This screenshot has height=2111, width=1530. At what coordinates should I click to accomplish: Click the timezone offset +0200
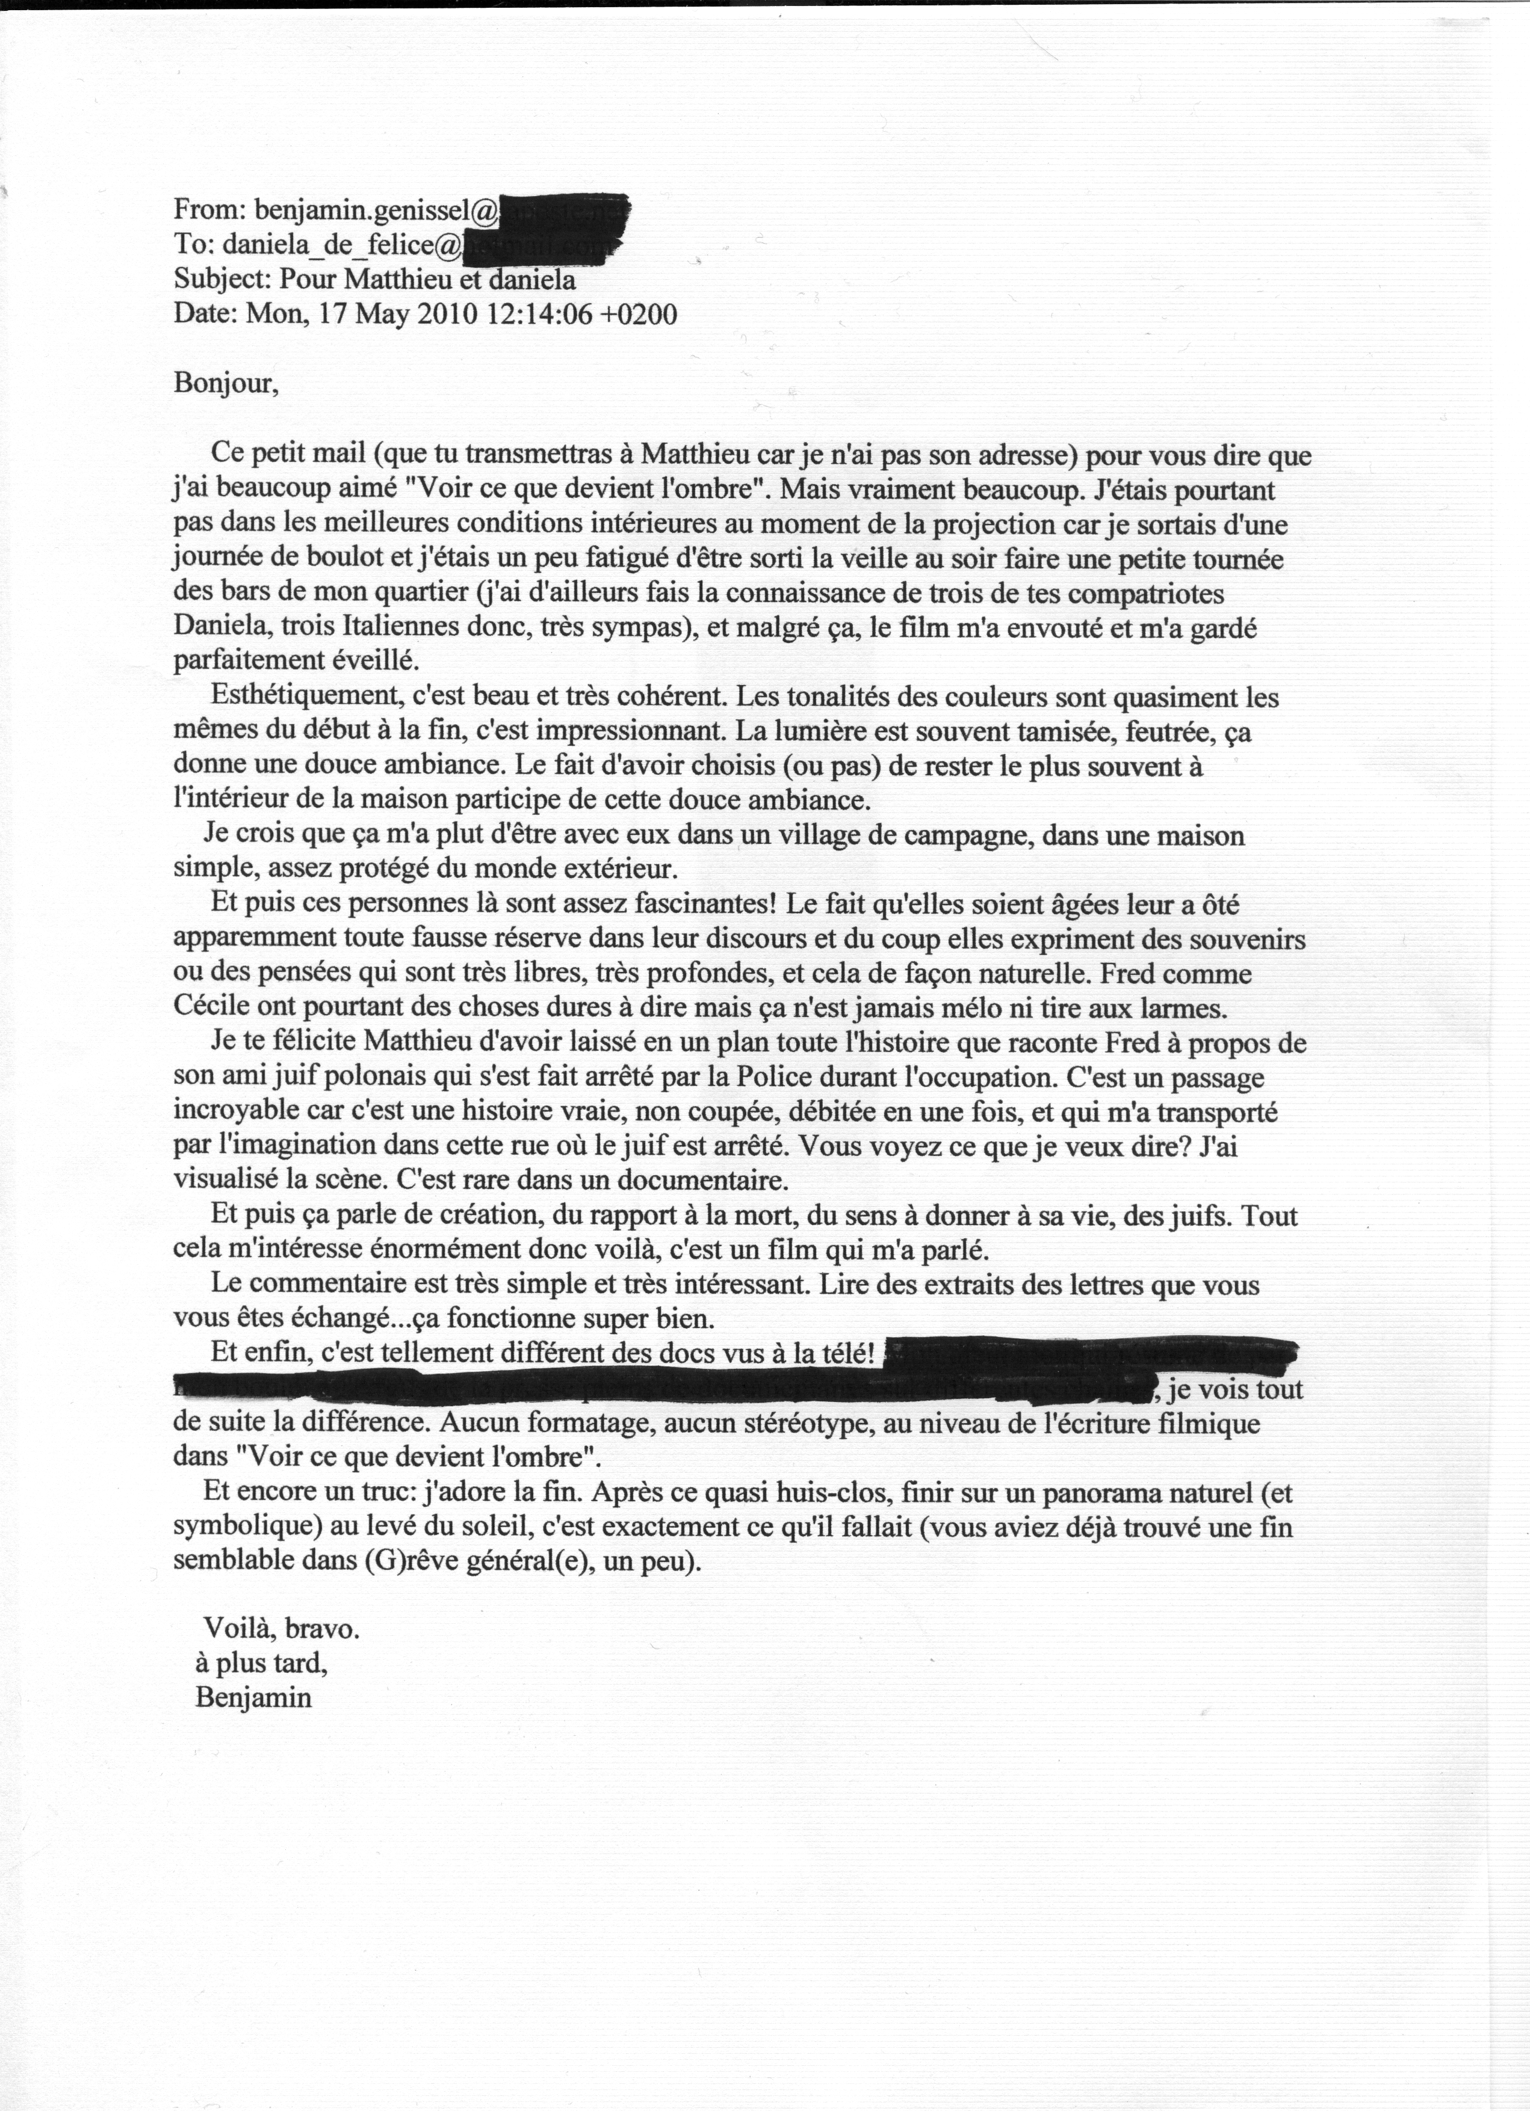tap(639, 314)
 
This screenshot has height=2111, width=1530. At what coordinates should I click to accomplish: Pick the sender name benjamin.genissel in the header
tap(362, 212)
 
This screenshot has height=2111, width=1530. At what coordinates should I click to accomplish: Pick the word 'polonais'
tap(368, 1077)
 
